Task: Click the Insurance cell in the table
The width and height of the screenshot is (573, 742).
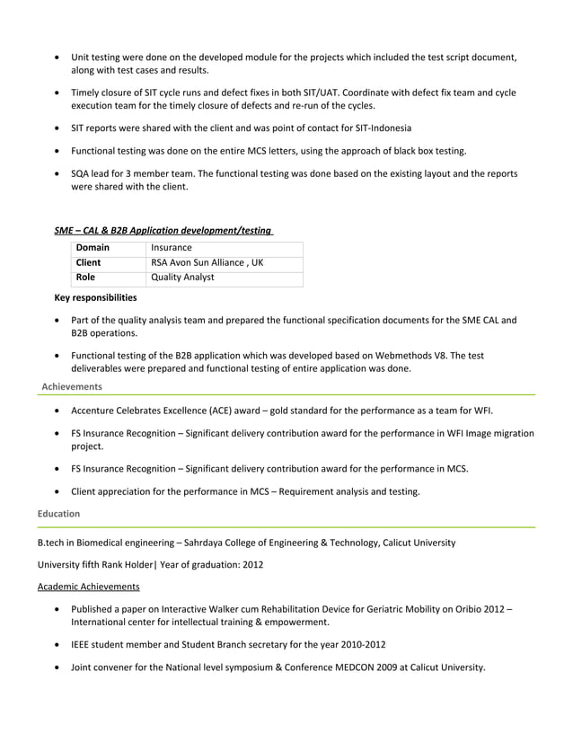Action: pos(172,247)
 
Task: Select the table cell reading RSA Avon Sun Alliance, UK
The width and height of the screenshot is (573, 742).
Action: pos(207,262)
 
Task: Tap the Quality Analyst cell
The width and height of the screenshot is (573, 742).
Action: pos(182,278)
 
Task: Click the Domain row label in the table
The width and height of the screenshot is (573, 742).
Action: pos(93,247)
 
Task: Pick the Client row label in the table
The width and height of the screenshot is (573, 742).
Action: pos(89,262)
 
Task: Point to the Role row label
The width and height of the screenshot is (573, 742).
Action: pos(85,278)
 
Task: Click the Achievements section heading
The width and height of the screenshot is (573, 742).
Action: pos(72,386)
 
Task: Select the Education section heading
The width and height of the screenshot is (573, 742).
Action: pos(58,514)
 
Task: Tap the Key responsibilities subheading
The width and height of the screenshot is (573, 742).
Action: pos(96,297)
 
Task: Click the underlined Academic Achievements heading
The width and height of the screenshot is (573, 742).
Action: pos(88,587)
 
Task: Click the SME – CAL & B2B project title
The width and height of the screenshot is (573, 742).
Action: pos(164,230)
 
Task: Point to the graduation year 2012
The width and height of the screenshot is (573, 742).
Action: pos(251,564)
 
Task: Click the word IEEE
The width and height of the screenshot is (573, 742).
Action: pos(83,644)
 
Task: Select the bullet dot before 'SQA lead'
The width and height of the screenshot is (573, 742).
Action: pos(58,173)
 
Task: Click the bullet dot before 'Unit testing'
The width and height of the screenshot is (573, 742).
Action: pos(58,58)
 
